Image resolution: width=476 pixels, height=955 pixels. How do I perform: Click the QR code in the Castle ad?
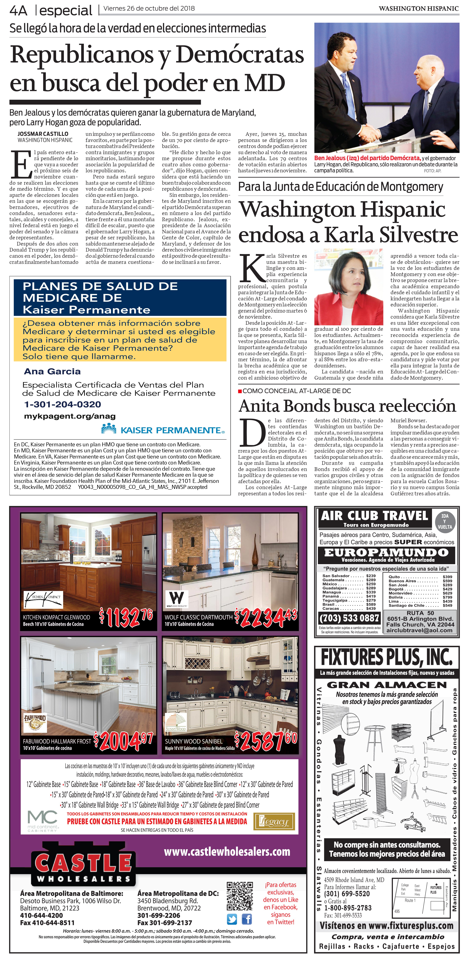coord(240,896)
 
